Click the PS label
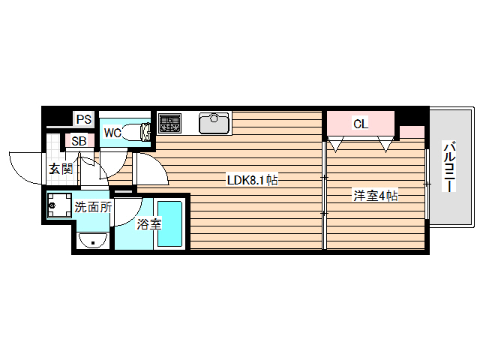pyautogui.click(x=83, y=118)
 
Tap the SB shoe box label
pyautogui.click(x=79, y=140)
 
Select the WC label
pyautogui.click(x=112, y=133)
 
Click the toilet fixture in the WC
pyautogui.click(x=136, y=133)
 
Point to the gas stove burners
pyautogui.click(x=169, y=123)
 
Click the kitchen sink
pyautogui.click(x=214, y=122)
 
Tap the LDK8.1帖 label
pyautogui.click(x=253, y=180)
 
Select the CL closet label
pyautogui.click(x=361, y=124)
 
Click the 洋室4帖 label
pyautogui.click(x=375, y=196)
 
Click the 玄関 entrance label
pyautogui.click(x=61, y=169)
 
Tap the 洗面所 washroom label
pyautogui.click(x=93, y=207)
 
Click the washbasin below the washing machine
pyautogui.click(x=93, y=240)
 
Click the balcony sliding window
pyautogui.click(x=427, y=184)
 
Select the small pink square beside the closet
pyautogui.click(x=411, y=133)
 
